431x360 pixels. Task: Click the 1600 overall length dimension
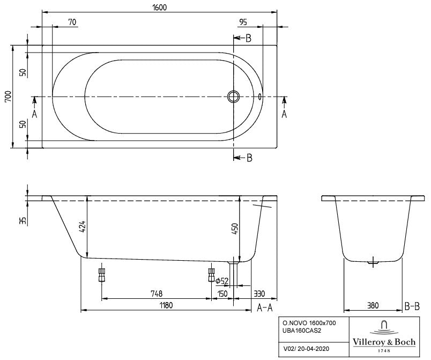159,7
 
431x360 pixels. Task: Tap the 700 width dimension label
8,97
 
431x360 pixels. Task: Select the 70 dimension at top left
72,21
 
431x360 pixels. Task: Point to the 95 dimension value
243,21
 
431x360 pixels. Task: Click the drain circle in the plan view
233,97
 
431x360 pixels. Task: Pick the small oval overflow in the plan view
260,97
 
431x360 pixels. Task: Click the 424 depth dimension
83,227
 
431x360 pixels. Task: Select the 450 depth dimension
235,229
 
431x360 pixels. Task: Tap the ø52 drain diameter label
222,281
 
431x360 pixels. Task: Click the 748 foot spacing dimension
156,293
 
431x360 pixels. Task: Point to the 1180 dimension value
166,305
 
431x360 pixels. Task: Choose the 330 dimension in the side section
259,293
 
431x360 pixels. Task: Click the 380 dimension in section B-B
373,305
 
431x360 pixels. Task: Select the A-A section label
264,307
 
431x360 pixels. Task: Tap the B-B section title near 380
412,306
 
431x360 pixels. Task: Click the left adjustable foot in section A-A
101,275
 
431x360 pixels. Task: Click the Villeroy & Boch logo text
384,342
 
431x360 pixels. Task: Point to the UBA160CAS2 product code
302,330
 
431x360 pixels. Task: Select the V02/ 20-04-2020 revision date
306,349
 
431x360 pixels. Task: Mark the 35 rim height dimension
23,221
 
